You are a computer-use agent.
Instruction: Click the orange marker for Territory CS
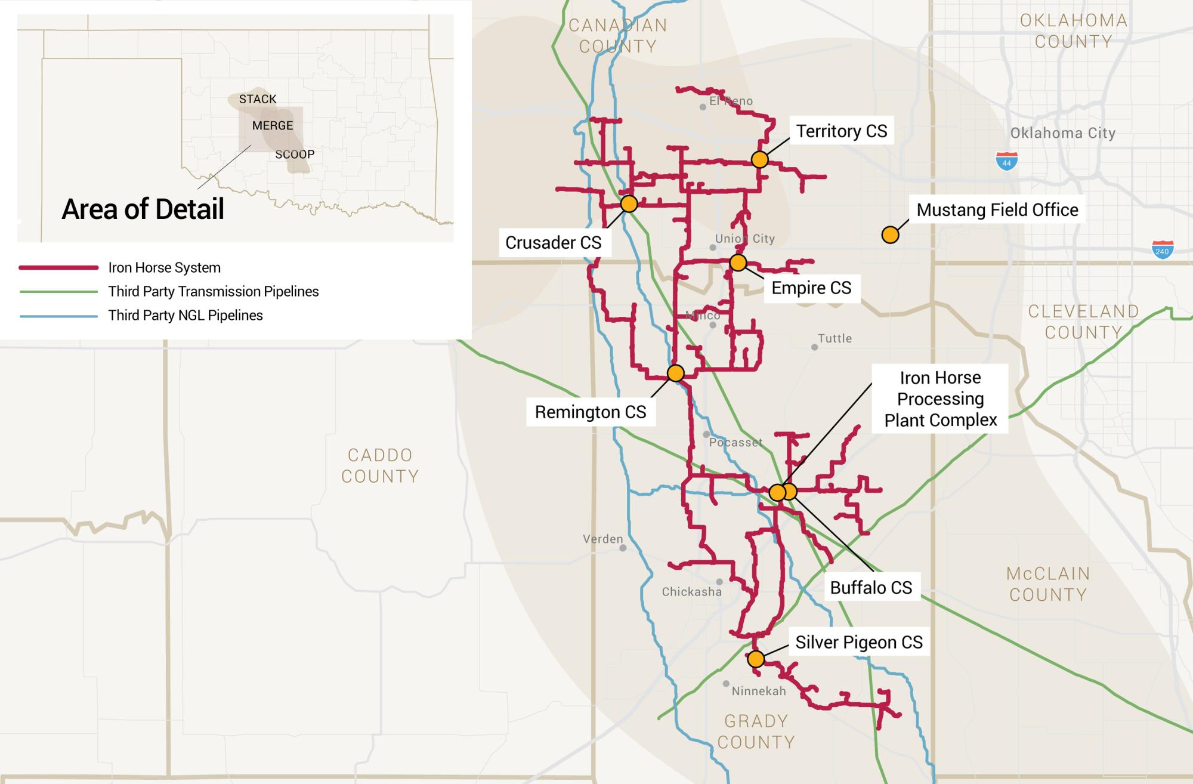tap(759, 159)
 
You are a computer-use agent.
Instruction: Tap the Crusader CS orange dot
tap(629, 204)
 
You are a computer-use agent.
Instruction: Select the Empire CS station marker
tap(738, 263)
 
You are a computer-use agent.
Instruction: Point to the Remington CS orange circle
tap(675, 373)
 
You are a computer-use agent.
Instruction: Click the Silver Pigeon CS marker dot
tap(756, 659)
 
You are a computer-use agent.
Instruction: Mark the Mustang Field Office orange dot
tap(890, 234)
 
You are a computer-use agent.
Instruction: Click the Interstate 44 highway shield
tap(1007, 161)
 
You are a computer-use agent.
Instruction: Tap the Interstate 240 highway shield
tap(1162, 249)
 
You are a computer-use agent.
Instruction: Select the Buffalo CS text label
tap(871, 588)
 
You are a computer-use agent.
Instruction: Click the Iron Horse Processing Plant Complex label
tap(940, 399)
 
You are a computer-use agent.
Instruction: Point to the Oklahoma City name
tap(1062, 133)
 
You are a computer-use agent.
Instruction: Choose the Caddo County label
tap(380, 465)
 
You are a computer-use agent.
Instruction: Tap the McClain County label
tap(1048, 584)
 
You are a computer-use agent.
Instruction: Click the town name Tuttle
tap(835, 338)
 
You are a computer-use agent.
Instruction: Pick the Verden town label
tap(602, 539)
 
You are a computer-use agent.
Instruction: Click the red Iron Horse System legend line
tap(58, 268)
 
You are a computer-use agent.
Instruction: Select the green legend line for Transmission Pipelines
tap(58, 292)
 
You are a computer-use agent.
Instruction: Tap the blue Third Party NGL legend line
tap(58, 316)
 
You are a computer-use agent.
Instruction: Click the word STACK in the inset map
tap(258, 99)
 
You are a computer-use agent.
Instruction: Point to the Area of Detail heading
tap(143, 209)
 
